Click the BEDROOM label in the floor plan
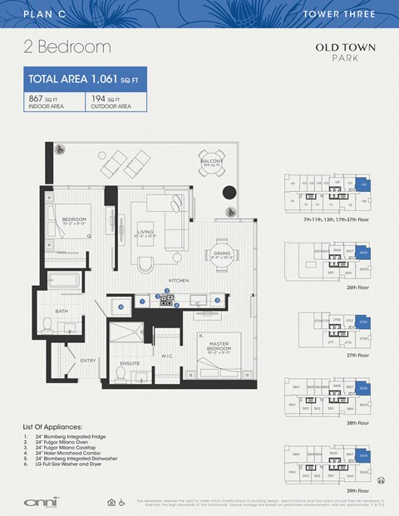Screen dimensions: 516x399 74,220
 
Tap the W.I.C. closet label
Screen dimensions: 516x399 165,356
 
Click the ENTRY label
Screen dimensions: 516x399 87,360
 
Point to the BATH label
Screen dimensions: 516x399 62,312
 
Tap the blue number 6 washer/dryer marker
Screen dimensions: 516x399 121,307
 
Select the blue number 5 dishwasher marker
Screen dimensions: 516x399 217,300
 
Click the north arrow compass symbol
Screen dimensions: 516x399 381,479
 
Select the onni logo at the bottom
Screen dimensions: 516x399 38,501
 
